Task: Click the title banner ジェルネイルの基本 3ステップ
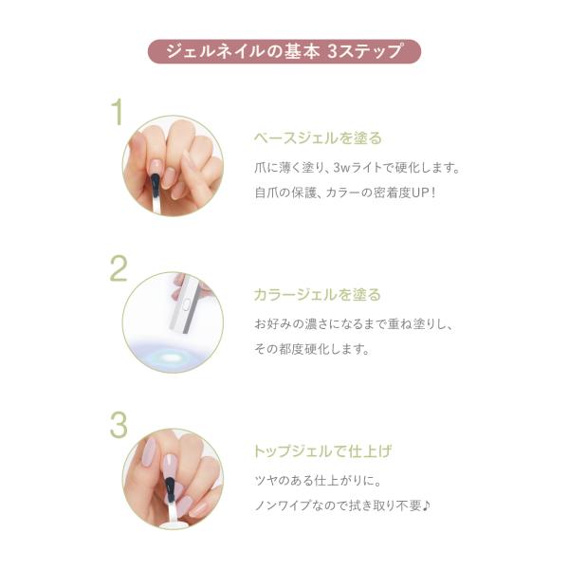[284, 51]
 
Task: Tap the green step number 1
[118, 113]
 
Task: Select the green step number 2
[119, 268]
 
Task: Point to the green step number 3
[119, 425]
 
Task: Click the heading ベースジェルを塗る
[318, 138]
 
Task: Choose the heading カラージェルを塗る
[318, 295]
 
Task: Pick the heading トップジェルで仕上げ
[322, 451]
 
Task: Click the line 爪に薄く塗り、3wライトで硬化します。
[358, 168]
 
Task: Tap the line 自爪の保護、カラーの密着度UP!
[345, 193]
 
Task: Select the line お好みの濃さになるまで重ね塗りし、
[355, 324]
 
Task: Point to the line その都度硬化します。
[312, 349]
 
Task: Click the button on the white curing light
[186, 304]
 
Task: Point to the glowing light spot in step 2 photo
[170, 358]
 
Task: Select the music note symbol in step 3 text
[427, 505]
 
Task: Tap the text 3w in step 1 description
[341, 168]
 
